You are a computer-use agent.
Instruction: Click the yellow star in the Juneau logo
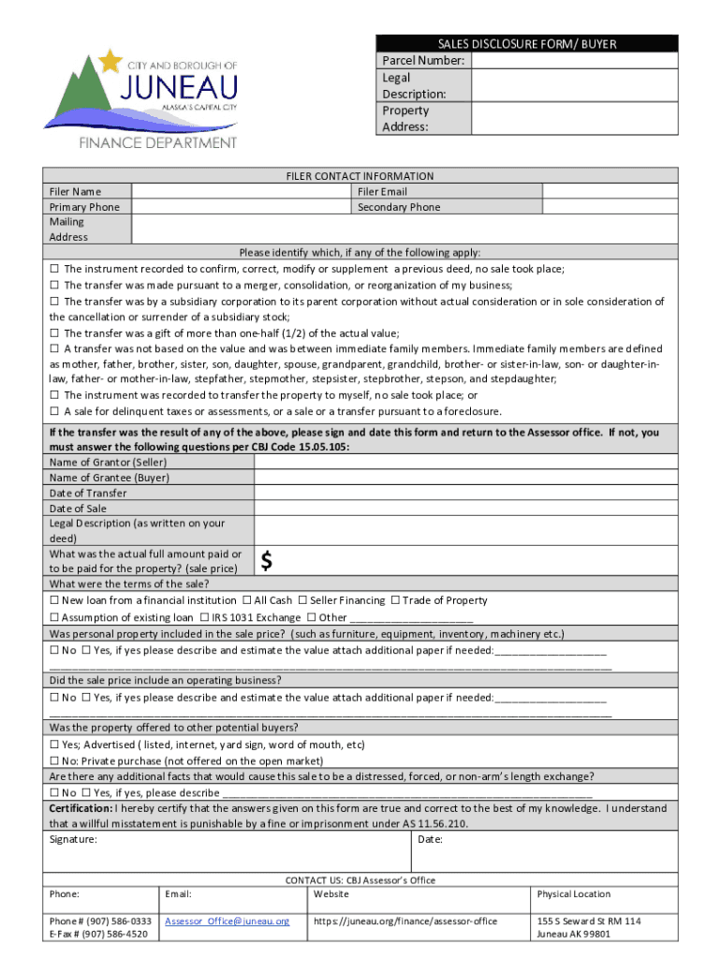pyautogui.click(x=111, y=61)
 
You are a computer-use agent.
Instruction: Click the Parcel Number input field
pyautogui.click(x=574, y=61)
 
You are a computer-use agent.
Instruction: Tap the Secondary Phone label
pyautogui.click(x=398, y=207)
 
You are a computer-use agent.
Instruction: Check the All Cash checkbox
pyautogui.click(x=245, y=600)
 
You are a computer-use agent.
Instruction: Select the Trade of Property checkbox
pyautogui.click(x=395, y=600)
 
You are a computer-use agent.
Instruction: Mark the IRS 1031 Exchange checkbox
pyautogui.click(x=204, y=617)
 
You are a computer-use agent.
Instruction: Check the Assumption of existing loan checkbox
pyautogui.click(x=54, y=617)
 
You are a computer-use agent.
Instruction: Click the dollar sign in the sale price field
pyautogui.click(x=268, y=561)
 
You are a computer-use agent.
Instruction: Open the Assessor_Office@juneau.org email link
pyautogui.click(x=228, y=922)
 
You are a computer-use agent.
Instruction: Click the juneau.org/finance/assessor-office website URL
pyautogui.click(x=405, y=922)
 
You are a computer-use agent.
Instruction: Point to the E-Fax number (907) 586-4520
pyautogui.click(x=100, y=934)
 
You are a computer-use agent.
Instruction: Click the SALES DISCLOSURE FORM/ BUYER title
pyautogui.click(x=527, y=44)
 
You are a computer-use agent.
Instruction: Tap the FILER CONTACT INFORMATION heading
pyautogui.click(x=360, y=176)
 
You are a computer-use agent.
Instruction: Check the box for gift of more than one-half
pyautogui.click(x=54, y=333)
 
